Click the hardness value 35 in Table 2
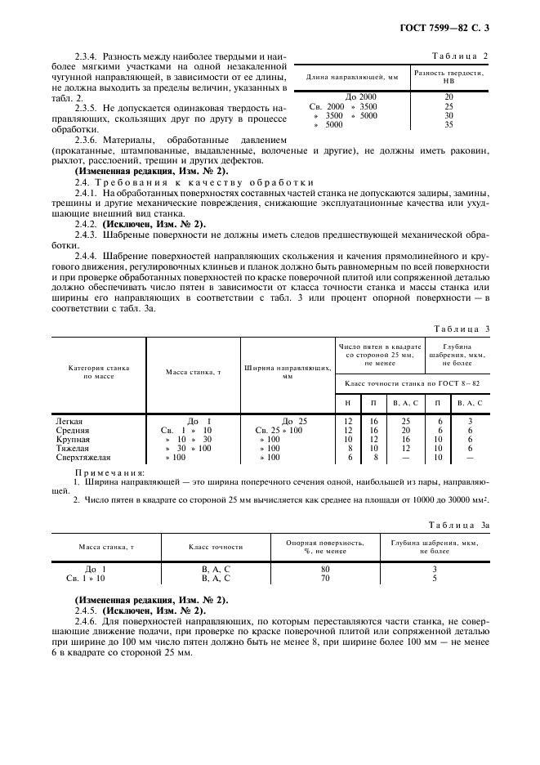pyautogui.click(x=448, y=124)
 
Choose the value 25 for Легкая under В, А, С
pyautogui.click(x=405, y=421)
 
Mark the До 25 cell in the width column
pyautogui.click(x=288, y=421)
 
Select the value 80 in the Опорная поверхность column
pyautogui.click(x=325, y=569)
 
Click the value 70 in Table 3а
pyautogui.click(x=325, y=579)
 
